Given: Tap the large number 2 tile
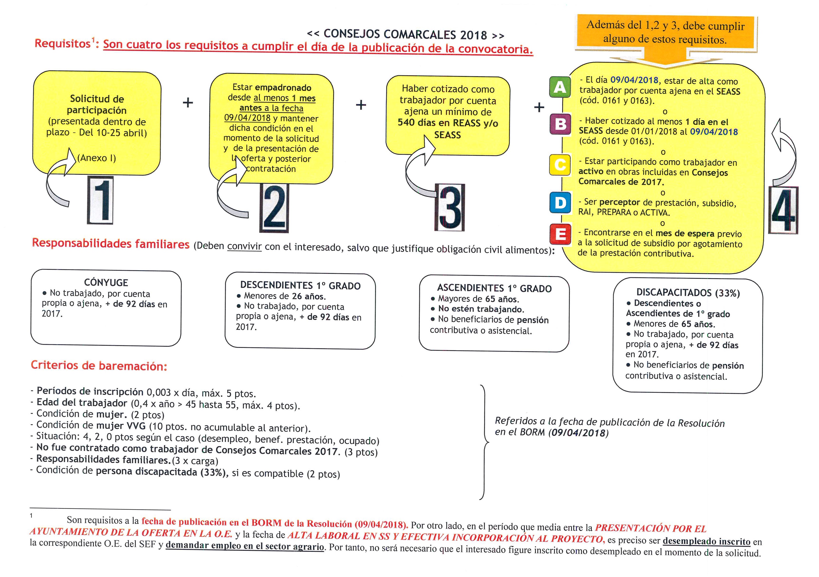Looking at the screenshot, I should click(x=274, y=208).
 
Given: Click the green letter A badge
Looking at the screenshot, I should click(x=560, y=87).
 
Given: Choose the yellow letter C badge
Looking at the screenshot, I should click(x=560, y=164).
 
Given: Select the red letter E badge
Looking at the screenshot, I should click(x=560, y=234).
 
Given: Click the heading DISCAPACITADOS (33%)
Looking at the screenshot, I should click(x=688, y=293).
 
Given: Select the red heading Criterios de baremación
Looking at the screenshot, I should click(x=99, y=366).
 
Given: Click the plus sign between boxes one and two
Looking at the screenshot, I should click(x=188, y=103).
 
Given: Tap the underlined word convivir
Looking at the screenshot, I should click(x=244, y=247).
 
